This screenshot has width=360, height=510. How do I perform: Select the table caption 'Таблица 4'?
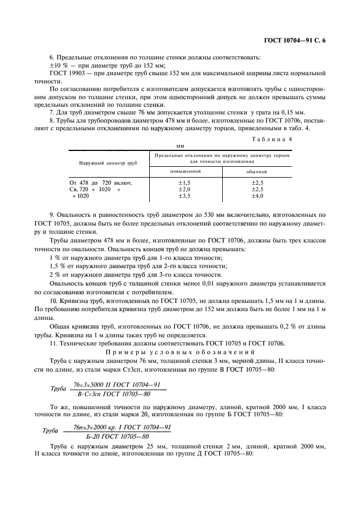(272, 139)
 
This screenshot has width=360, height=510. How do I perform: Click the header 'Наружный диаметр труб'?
(107, 163)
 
